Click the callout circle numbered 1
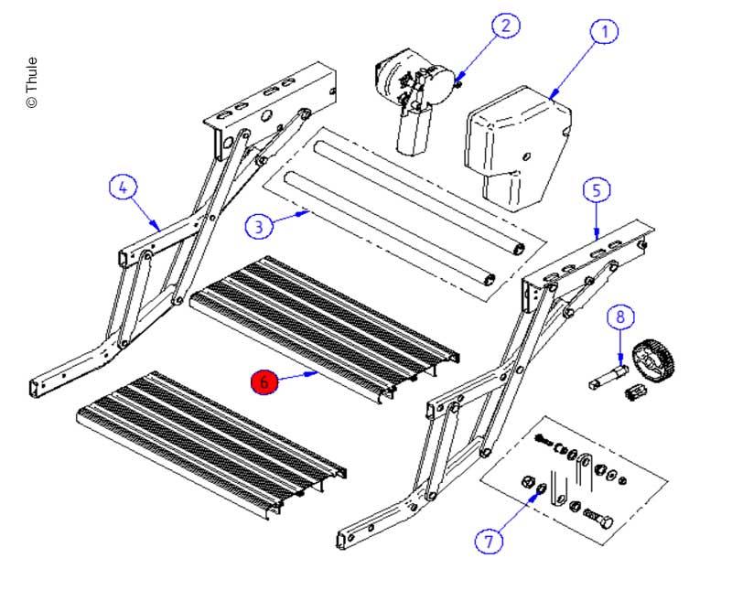click(x=603, y=31)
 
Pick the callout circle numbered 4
click(x=124, y=188)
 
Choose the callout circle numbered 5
click(x=596, y=190)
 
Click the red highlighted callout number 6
click(x=264, y=382)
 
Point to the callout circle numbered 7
click(x=489, y=541)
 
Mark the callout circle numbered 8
click(x=620, y=317)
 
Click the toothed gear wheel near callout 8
click(x=658, y=363)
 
